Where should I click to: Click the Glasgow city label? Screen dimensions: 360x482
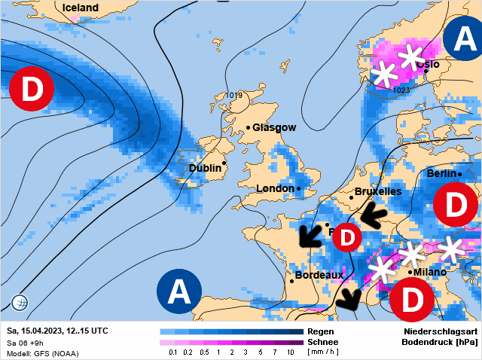pos(274,128)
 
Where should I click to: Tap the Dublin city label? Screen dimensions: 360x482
pos(204,169)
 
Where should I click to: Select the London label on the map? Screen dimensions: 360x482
pos(276,188)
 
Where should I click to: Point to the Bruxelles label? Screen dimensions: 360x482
pos(377,192)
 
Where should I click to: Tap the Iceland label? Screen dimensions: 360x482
pos(81,8)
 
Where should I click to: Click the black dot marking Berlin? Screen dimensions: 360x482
pos(460,175)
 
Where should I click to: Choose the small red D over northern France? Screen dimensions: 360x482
pos(347,238)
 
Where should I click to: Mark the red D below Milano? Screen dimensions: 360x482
pos(411,300)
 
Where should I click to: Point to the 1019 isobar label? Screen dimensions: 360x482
pos(233,96)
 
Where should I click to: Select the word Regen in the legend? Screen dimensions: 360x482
pos(322,331)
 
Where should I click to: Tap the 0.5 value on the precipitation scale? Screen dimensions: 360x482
pos(203,352)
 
